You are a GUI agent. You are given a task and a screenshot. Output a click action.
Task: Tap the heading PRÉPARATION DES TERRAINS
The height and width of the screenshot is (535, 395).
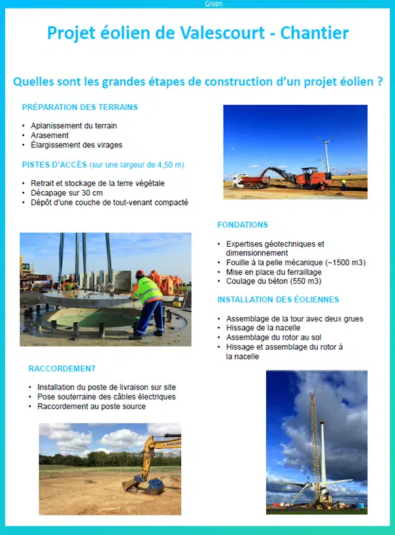[x=80, y=107]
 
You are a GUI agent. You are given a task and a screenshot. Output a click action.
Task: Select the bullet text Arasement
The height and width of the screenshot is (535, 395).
[x=50, y=136]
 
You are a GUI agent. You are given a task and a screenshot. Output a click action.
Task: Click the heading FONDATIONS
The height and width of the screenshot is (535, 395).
[x=243, y=225]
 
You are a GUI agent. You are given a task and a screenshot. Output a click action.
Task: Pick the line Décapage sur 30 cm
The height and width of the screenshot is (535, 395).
[x=66, y=193]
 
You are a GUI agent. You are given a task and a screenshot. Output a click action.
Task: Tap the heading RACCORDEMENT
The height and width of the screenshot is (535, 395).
[x=62, y=369]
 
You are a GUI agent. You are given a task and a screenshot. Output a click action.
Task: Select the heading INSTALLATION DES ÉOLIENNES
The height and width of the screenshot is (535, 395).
[x=278, y=300]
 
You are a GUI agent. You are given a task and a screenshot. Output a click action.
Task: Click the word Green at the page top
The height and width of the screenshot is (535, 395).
[x=213, y=4]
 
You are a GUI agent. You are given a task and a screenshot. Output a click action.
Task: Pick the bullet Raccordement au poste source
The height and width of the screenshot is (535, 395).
[x=92, y=406]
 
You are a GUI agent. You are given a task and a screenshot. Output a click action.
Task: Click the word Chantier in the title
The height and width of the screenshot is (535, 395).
[x=315, y=33]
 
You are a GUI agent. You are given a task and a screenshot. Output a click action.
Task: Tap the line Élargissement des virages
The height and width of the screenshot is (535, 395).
[x=77, y=145]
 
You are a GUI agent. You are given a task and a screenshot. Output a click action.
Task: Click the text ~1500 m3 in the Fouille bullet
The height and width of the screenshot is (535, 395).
[x=345, y=263]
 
